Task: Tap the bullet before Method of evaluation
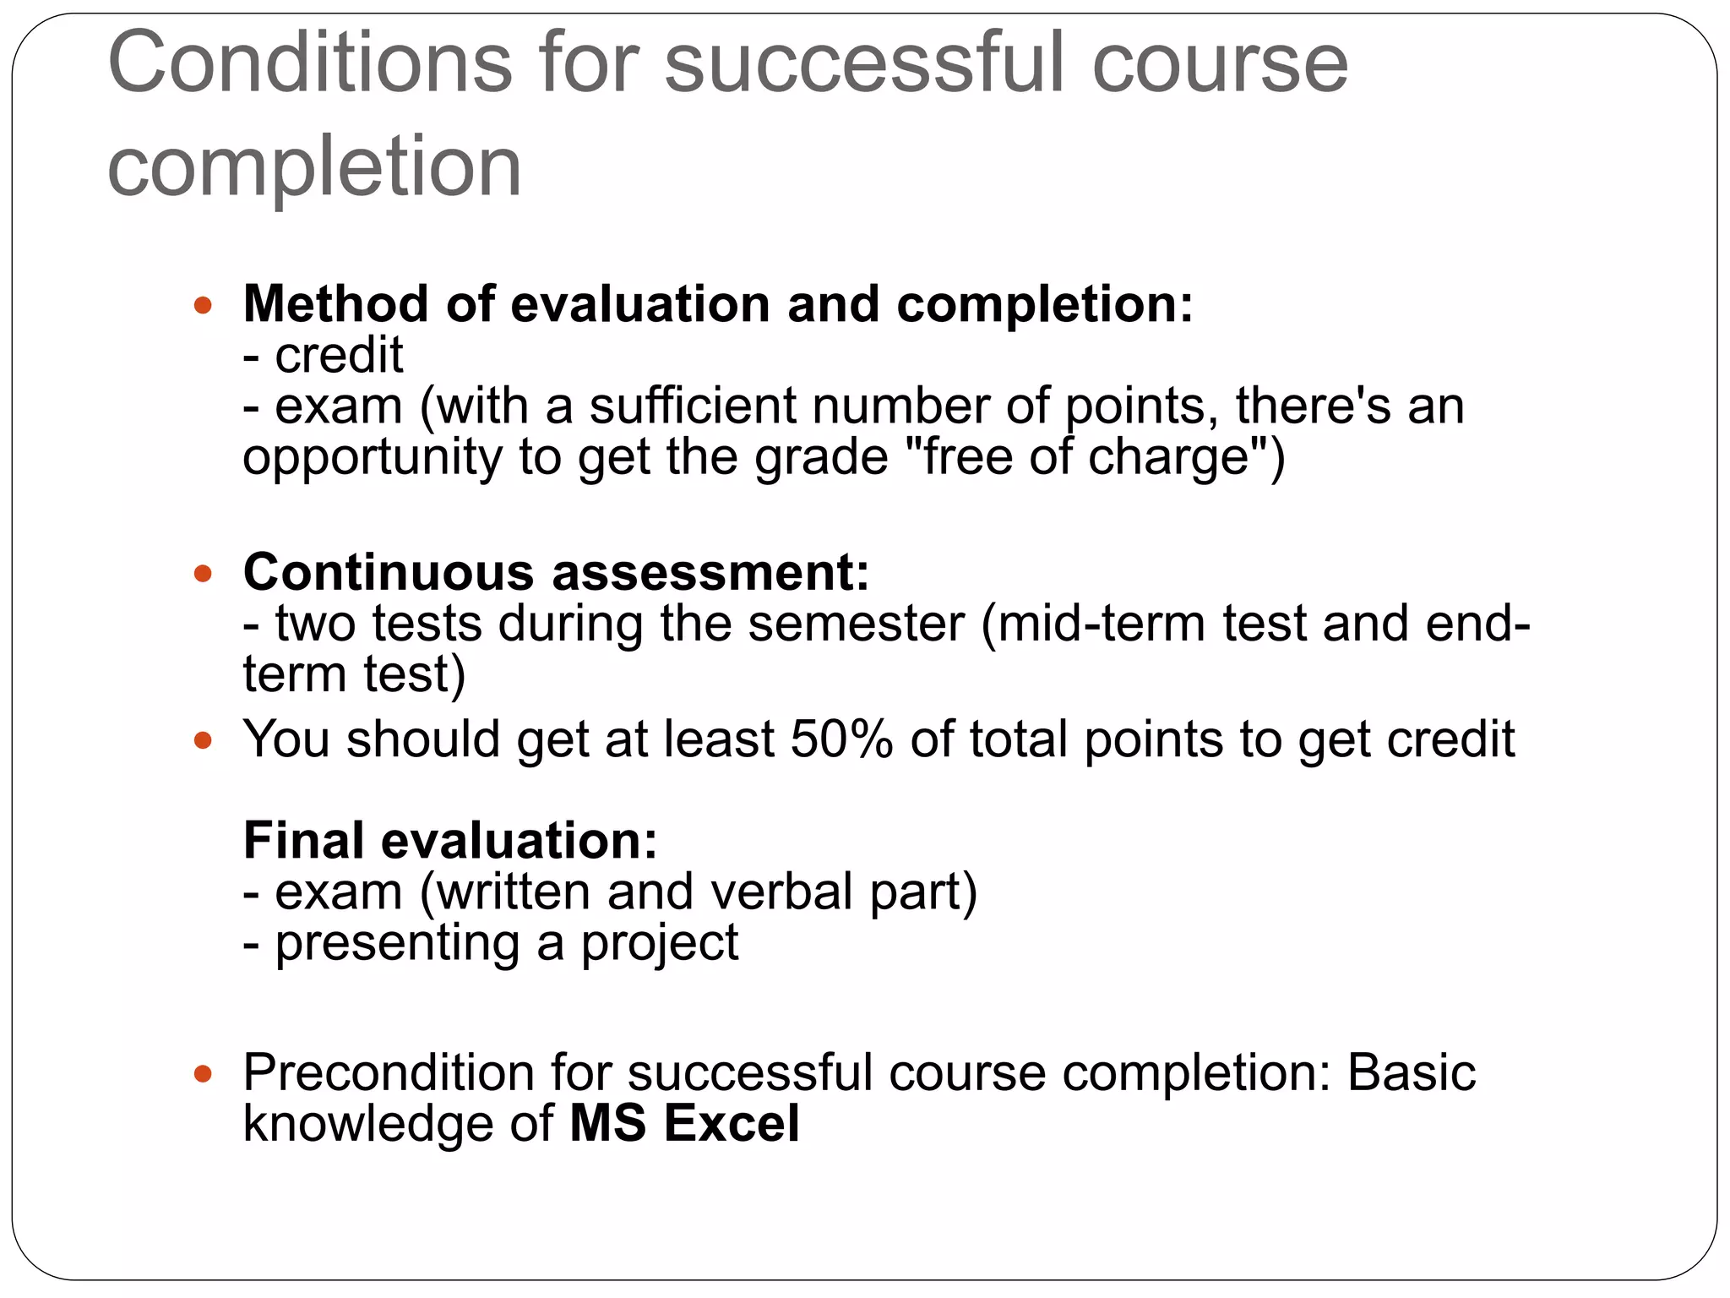click(203, 305)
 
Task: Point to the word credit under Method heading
click(339, 355)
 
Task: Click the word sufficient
click(692, 406)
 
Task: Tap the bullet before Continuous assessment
click(203, 574)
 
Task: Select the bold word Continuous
click(389, 572)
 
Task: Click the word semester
click(856, 624)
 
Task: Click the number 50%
click(841, 739)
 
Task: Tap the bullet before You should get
click(203, 741)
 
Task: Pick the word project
click(659, 943)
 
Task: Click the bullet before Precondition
click(203, 1075)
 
